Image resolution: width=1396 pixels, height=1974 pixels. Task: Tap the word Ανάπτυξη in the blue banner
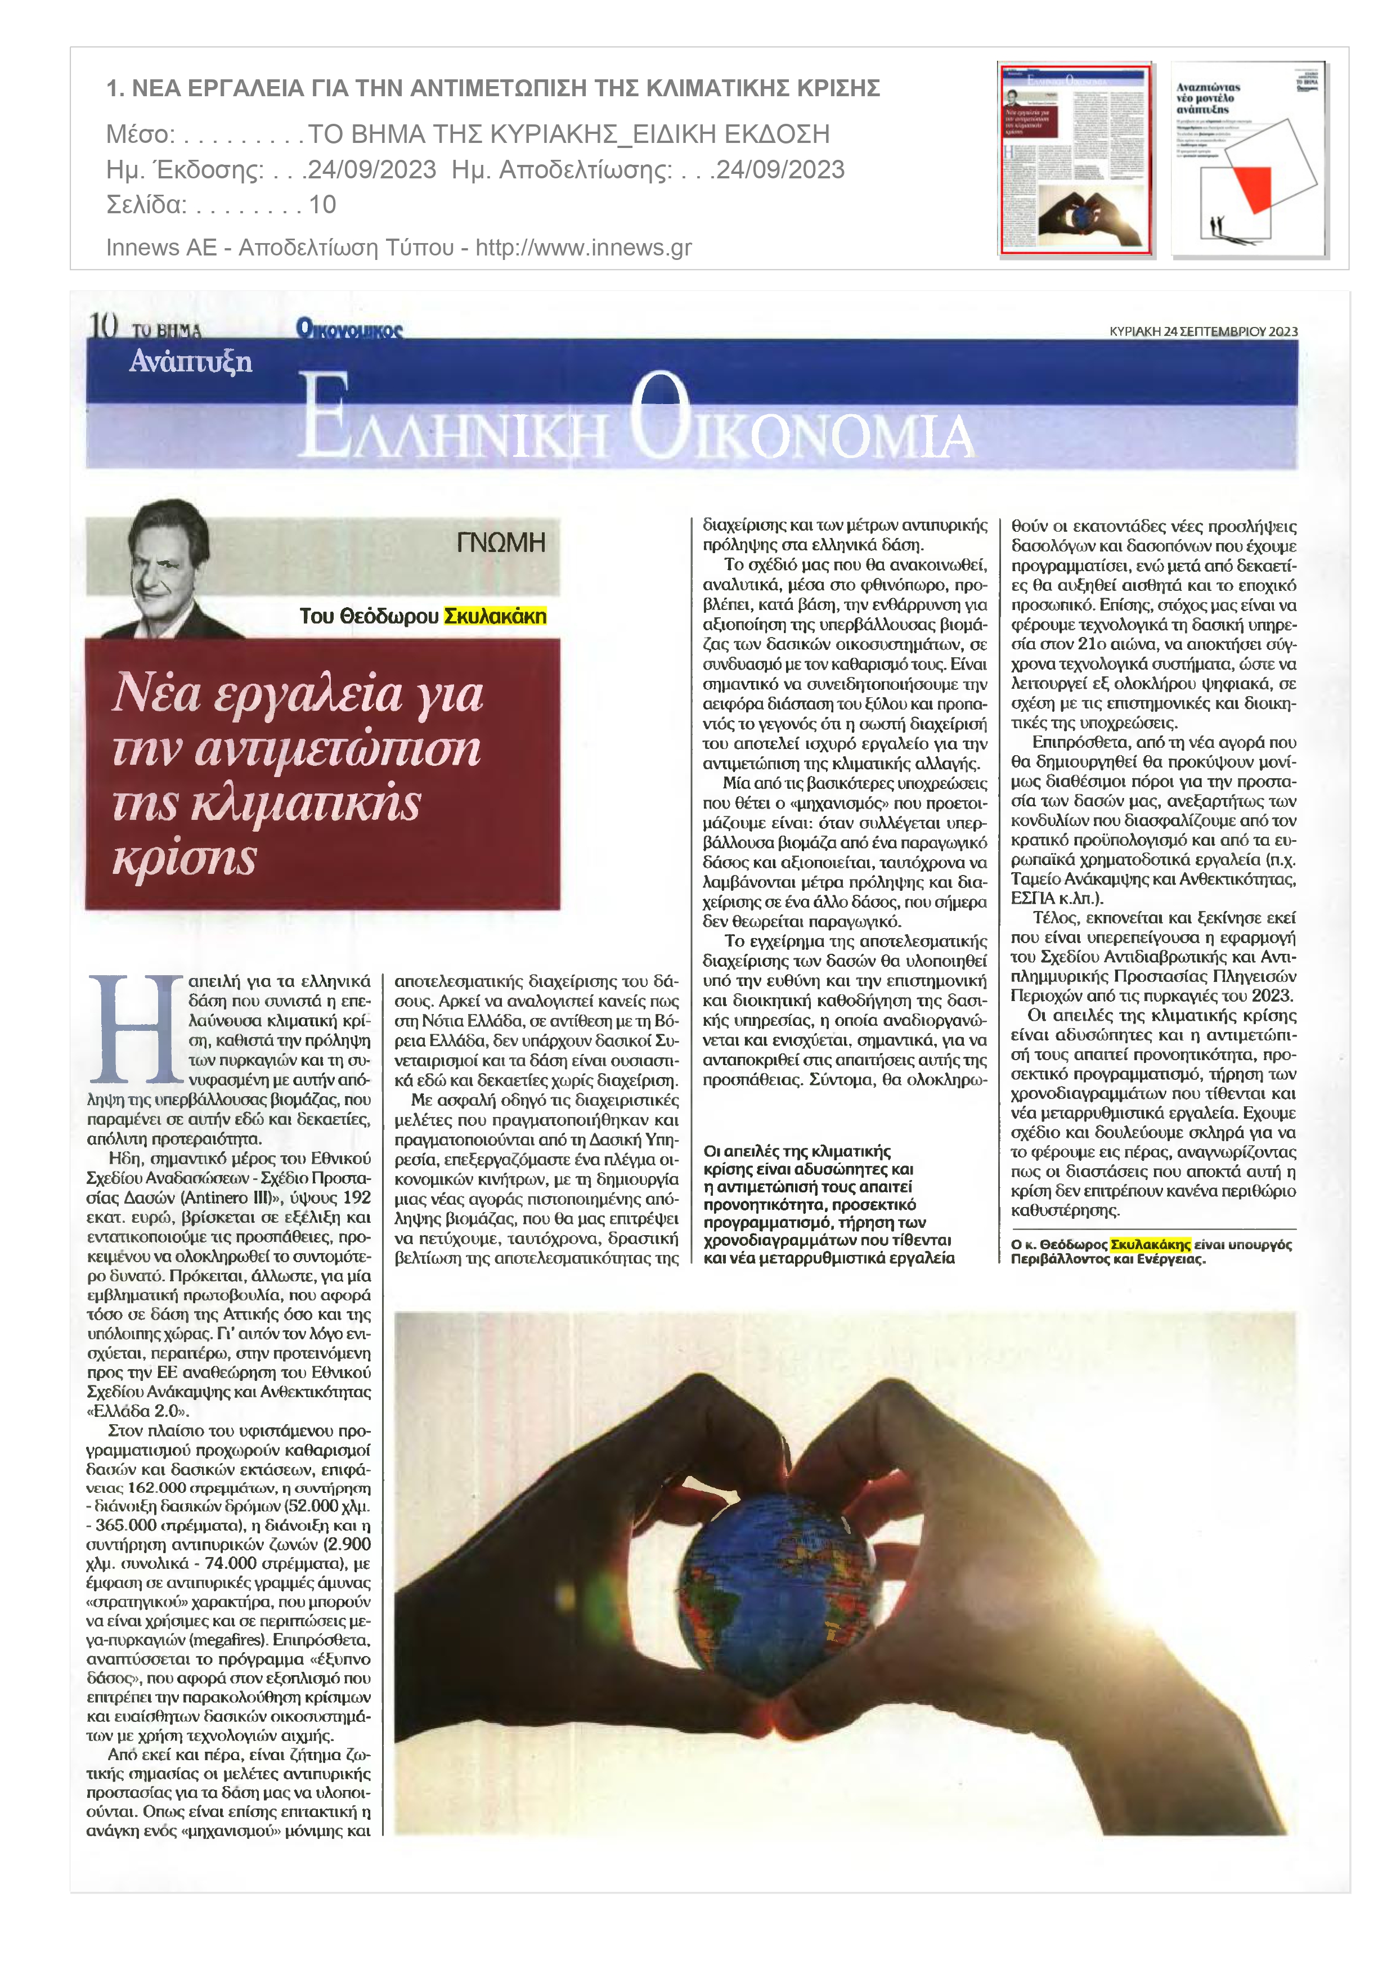[x=191, y=361]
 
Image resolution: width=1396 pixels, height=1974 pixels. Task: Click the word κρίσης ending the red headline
[x=185, y=857]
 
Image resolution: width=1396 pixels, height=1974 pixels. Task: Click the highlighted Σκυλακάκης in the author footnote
[x=1150, y=1244]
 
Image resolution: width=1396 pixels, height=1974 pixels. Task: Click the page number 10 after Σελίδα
[x=322, y=205]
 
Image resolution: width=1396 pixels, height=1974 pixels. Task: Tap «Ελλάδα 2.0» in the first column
[x=137, y=1411]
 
